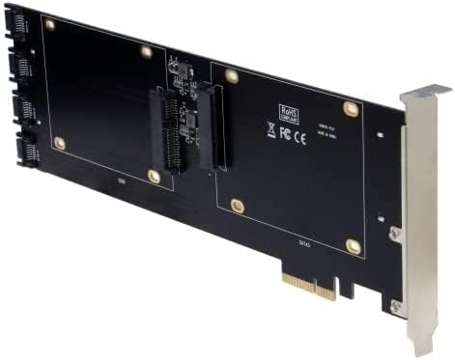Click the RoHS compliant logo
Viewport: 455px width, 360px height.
click(x=288, y=112)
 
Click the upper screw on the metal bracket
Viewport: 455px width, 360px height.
click(x=395, y=233)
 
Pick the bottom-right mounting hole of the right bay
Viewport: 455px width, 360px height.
click(x=354, y=247)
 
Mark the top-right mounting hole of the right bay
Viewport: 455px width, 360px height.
click(x=351, y=110)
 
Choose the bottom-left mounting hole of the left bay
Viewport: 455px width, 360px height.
click(x=59, y=143)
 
